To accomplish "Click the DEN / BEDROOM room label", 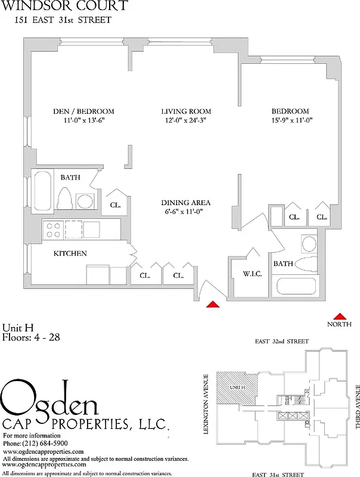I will click(83, 111).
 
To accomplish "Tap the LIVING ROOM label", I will click(186, 111).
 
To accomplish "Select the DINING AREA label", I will click(186, 202).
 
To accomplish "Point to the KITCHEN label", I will click(70, 253).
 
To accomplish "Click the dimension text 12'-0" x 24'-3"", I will click(186, 121).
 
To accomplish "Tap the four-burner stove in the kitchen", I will click(52, 230).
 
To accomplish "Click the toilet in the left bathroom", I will click(66, 199).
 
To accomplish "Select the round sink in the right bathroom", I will click(309, 244).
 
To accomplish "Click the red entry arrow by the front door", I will click(212, 305).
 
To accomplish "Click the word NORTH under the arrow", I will click(340, 324).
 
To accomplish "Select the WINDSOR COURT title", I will click(64, 7).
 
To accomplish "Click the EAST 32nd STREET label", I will click(281, 342).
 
